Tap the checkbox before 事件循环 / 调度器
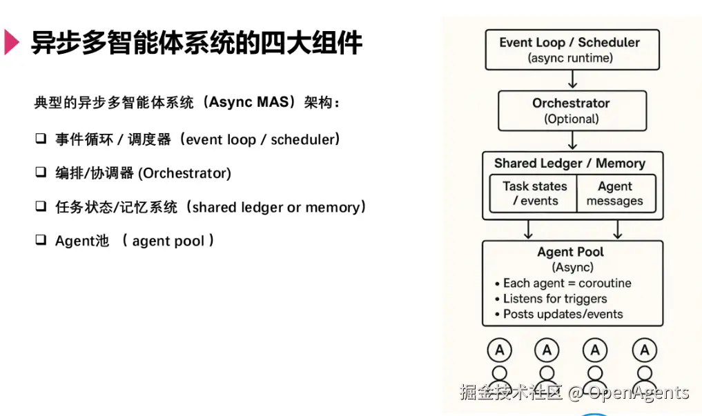tap(41, 139)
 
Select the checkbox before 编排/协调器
tap(41, 172)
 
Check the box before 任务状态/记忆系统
tap(41, 206)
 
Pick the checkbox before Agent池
tap(41, 240)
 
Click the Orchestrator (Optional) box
tap(572, 110)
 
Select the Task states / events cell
tap(534, 193)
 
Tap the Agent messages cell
tap(614, 193)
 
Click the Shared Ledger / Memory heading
tap(569, 164)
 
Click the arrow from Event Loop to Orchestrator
tap(572, 80)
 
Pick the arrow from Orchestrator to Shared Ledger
tap(572, 141)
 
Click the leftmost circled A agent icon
tap(499, 350)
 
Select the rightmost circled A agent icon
tap(645, 350)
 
